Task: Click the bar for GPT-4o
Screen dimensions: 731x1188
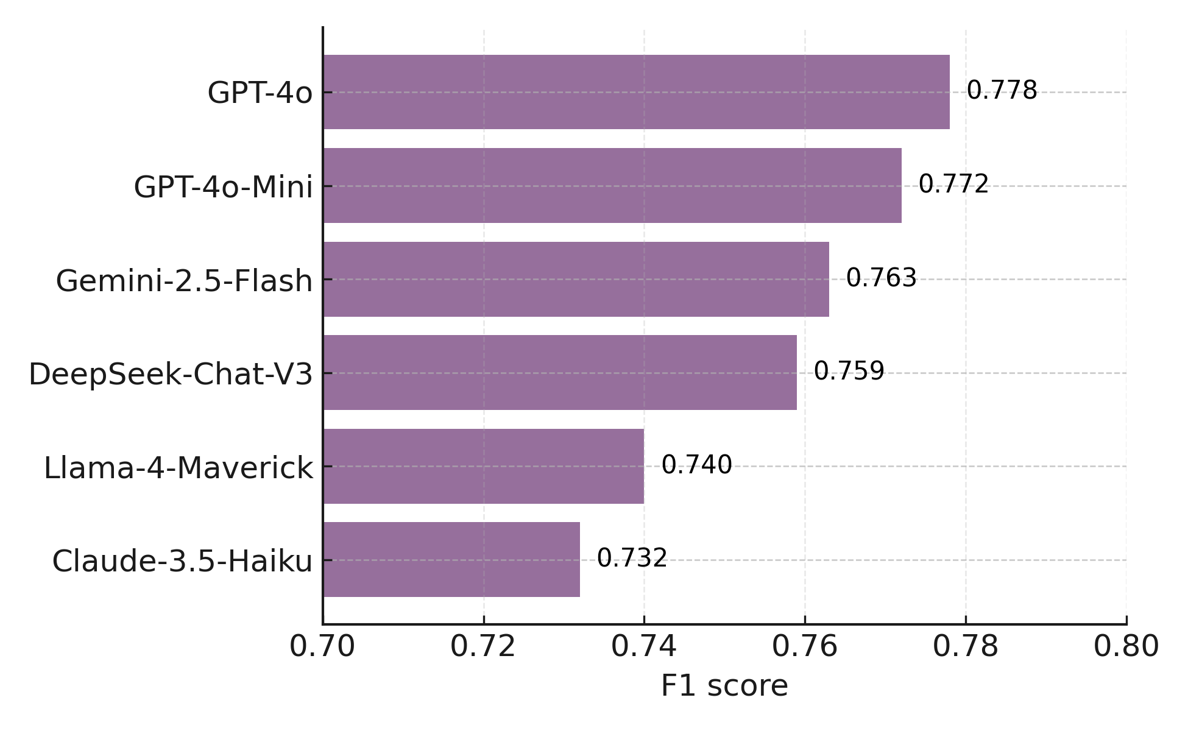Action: [x=636, y=92]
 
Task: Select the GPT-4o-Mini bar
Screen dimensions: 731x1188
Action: [x=612, y=185]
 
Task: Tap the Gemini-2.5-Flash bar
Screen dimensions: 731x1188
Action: [x=576, y=279]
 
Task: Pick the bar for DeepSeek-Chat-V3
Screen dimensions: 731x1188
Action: [x=560, y=372]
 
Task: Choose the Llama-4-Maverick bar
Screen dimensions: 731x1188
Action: [x=483, y=466]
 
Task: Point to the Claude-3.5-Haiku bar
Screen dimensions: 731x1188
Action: [x=451, y=559]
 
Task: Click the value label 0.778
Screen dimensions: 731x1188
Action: [x=1002, y=91]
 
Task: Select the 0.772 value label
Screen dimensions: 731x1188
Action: [x=953, y=184]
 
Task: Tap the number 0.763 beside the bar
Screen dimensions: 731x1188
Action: [x=881, y=278]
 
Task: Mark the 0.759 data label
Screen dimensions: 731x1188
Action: [x=849, y=371]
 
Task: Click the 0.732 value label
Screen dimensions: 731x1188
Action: [x=632, y=558]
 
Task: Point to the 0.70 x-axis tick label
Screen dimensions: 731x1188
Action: [x=322, y=646]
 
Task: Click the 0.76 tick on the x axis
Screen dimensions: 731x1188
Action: [x=805, y=646]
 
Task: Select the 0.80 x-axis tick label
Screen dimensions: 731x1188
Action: [x=1126, y=646]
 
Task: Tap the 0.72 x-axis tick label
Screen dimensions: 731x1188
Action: [x=483, y=646]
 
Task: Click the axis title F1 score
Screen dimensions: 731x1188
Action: [x=724, y=686]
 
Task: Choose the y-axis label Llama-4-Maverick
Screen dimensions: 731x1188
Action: [x=179, y=468]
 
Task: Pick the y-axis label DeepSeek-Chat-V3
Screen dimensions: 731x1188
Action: [x=171, y=374]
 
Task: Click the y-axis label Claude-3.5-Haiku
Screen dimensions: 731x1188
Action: [x=182, y=561]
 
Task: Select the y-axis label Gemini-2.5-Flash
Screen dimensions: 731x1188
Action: [x=184, y=281]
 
